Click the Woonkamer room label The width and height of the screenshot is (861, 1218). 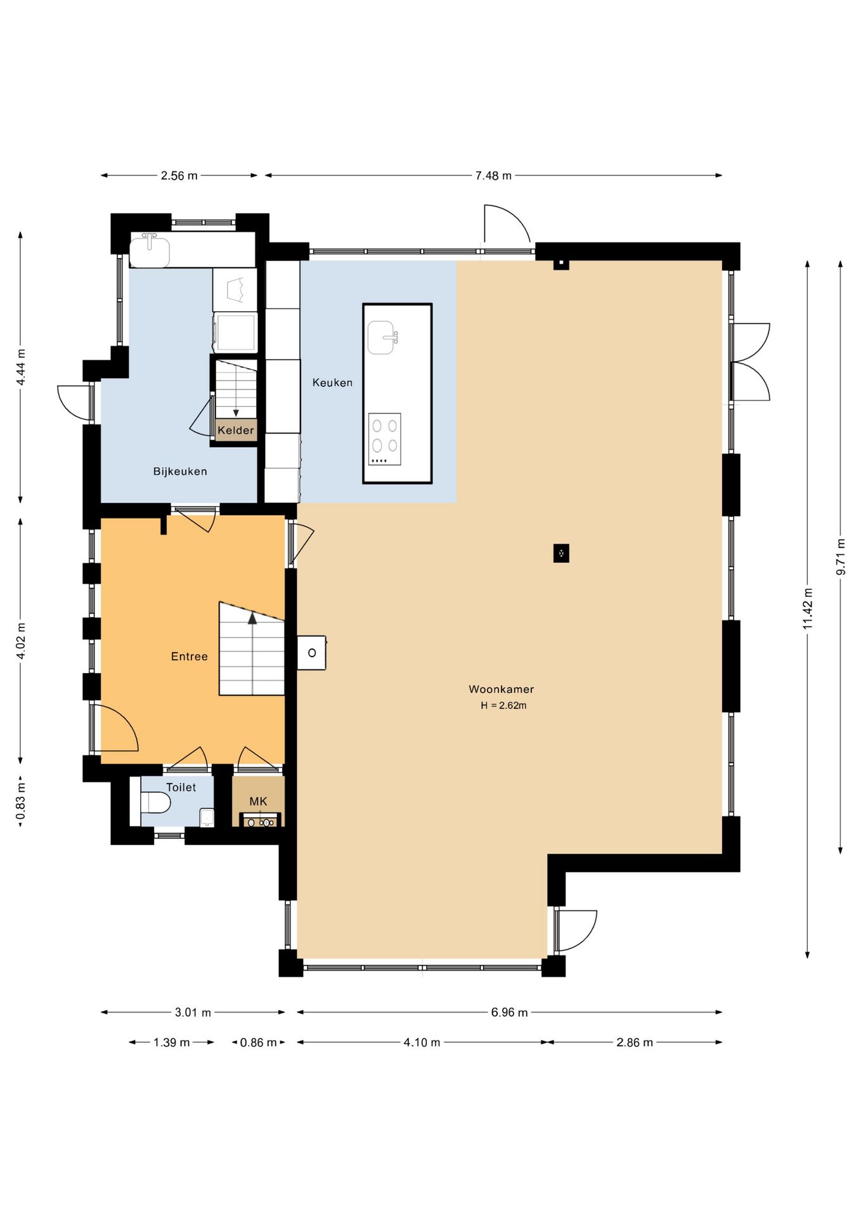pyautogui.click(x=501, y=689)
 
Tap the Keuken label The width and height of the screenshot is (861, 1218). pyautogui.click(x=332, y=383)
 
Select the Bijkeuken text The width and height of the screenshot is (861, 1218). pyautogui.click(x=180, y=471)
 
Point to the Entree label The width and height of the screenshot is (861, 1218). pyautogui.click(x=189, y=657)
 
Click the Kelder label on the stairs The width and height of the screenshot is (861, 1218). pyautogui.click(x=236, y=430)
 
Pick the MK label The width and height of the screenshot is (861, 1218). pyautogui.click(x=258, y=802)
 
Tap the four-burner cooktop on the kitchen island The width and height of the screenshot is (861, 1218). pyautogui.click(x=385, y=439)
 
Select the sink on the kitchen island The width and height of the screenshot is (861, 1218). pyautogui.click(x=383, y=337)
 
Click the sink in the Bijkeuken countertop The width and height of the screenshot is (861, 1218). pyautogui.click(x=150, y=251)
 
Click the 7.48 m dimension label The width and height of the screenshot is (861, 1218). pyautogui.click(x=493, y=176)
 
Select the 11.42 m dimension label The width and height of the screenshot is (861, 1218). pyautogui.click(x=808, y=609)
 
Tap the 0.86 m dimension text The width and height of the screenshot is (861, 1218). pyautogui.click(x=258, y=1042)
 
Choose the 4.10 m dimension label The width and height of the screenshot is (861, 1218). pyautogui.click(x=422, y=1042)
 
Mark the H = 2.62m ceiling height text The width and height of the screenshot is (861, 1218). pyautogui.click(x=503, y=705)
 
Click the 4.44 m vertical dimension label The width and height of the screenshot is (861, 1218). pyautogui.click(x=21, y=367)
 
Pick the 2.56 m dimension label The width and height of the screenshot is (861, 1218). pyautogui.click(x=179, y=176)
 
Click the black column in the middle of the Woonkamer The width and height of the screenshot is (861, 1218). pyautogui.click(x=561, y=553)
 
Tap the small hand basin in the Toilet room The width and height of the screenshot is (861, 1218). pyautogui.click(x=207, y=817)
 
